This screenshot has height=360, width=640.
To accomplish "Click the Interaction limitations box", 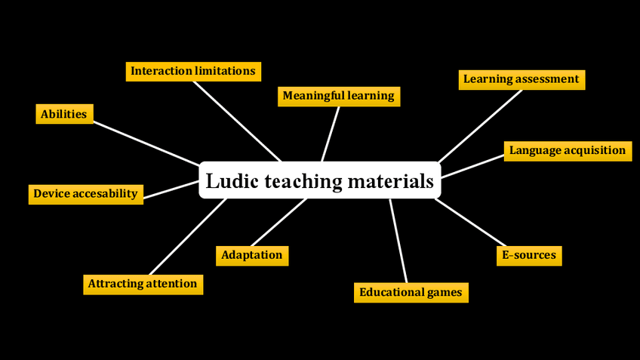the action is (x=193, y=71).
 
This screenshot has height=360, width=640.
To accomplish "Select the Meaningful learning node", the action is (x=338, y=96).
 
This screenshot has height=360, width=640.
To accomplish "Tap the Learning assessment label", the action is (x=522, y=79).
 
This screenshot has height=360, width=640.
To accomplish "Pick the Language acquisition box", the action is (x=567, y=150).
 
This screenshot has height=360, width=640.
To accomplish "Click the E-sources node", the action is (x=529, y=255).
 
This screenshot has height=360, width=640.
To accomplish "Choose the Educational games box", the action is (x=411, y=292).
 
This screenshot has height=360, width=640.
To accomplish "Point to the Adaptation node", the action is (x=252, y=255).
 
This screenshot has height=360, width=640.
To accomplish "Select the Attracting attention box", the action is (x=143, y=285).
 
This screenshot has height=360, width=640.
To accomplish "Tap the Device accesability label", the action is (x=85, y=194).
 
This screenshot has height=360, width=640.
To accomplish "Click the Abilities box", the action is (x=64, y=114).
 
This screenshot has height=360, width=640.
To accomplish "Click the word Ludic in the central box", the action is (x=229, y=181).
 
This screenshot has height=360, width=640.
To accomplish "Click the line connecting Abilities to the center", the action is (x=147, y=143).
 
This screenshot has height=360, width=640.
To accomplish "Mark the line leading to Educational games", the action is (x=398, y=240).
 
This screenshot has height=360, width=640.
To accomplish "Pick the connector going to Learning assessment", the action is (x=480, y=125).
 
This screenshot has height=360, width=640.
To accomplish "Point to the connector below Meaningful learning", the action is (x=331, y=134).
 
